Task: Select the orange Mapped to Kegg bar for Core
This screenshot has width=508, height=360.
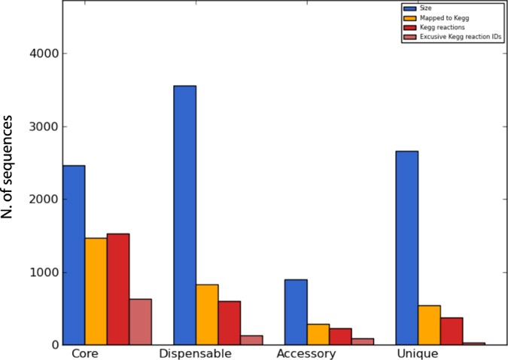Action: [x=96, y=291]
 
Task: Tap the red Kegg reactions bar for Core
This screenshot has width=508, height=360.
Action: [x=118, y=289]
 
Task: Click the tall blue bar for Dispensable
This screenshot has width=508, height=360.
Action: [x=184, y=215]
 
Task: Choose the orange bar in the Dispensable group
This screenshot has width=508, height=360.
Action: [x=207, y=314]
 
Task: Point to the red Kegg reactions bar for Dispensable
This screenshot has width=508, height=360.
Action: [x=230, y=323]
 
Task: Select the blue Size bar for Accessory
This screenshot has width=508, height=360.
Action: [x=296, y=312]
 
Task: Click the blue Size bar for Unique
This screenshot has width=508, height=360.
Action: [x=406, y=248]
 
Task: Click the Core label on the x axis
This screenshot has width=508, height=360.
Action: [x=88, y=353]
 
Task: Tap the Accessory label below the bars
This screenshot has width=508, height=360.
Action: [x=306, y=353]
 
